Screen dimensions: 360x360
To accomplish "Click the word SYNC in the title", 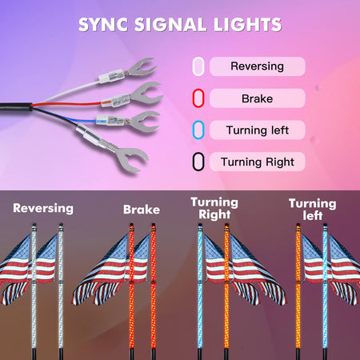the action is [103, 25].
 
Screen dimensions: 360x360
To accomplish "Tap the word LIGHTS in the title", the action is [247, 25].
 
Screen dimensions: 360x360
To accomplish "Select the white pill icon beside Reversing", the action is [198, 66].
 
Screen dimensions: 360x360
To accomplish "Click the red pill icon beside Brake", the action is [198, 98].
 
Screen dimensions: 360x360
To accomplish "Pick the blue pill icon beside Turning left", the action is [198, 130].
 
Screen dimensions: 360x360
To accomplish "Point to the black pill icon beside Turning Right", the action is [198, 162].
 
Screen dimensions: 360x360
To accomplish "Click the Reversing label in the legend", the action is [258, 66].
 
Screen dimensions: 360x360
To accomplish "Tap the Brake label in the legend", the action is [258, 98].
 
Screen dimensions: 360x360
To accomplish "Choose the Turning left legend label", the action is [258, 130].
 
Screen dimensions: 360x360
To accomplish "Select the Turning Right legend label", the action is [258, 162].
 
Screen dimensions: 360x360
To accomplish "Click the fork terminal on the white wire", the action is [142, 67].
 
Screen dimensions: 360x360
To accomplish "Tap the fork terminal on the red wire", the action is [146, 94].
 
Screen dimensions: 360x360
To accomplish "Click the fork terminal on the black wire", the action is [132, 158].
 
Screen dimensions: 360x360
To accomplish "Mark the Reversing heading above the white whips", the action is [43, 209].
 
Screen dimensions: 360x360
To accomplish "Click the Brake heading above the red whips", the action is [142, 210].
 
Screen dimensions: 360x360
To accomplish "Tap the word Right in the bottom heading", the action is [214, 215].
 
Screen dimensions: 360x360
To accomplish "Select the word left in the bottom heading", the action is [313, 215].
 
